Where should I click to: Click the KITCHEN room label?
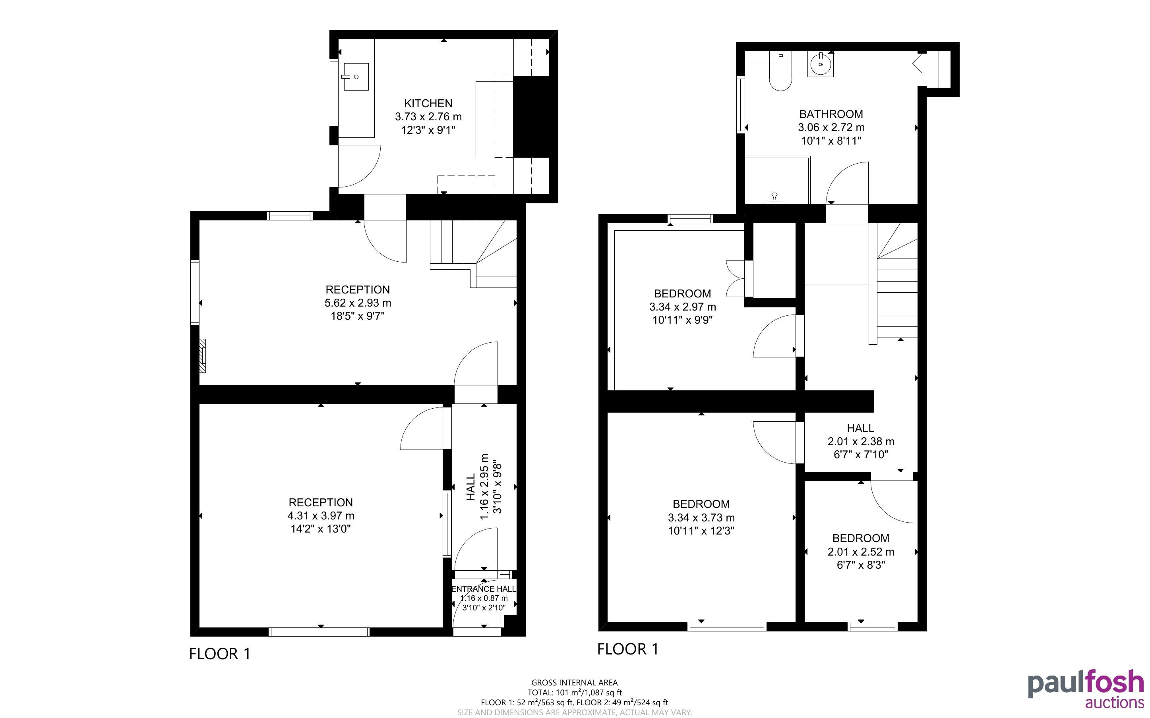(x=428, y=103)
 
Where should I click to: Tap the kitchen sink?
(x=355, y=77)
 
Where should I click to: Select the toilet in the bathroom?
(x=780, y=71)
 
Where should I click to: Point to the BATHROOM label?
(x=831, y=114)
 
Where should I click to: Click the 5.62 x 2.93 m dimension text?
(x=358, y=303)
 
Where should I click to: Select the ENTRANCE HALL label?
(x=484, y=589)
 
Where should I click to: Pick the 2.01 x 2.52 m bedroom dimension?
(x=861, y=552)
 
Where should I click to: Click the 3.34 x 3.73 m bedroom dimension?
(x=701, y=517)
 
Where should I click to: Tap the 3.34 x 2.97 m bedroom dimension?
(x=683, y=307)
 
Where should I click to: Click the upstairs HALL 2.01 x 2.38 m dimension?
(x=861, y=442)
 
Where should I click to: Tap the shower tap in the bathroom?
(x=774, y=199)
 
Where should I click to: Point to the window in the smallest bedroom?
(x=873, y=627)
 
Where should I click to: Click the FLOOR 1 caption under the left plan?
(x=219, y=654)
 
